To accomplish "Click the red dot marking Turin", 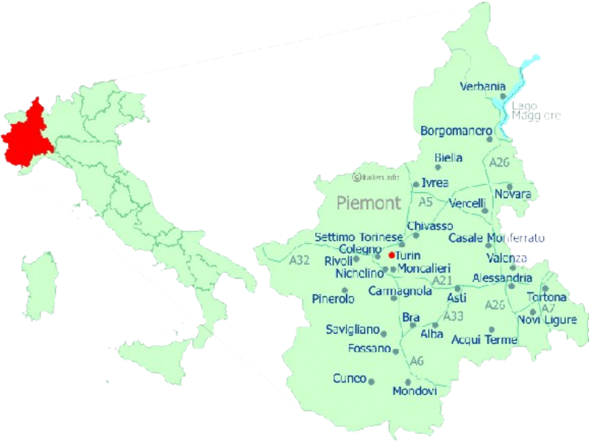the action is [392, 256].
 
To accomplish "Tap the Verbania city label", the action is [482, 87].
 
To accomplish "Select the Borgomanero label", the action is [456, 131].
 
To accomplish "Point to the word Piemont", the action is [368, 203].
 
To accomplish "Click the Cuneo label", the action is [349, 379].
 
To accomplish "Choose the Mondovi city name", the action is [415, 390].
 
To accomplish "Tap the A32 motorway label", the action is [299, 260].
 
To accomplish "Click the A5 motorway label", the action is [426, 201].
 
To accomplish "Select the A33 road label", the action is [454, 316].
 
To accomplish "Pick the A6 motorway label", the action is [417, 361].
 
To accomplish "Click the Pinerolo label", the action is [333, 299].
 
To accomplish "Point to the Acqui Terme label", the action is [484, 340].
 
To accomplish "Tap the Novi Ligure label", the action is [547, 320].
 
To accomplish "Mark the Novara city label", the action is [512, 194].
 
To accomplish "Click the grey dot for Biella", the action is [437, 167].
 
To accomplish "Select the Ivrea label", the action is [435, 183].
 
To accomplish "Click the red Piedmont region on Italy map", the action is [26, 136].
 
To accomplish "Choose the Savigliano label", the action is [352, 329].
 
